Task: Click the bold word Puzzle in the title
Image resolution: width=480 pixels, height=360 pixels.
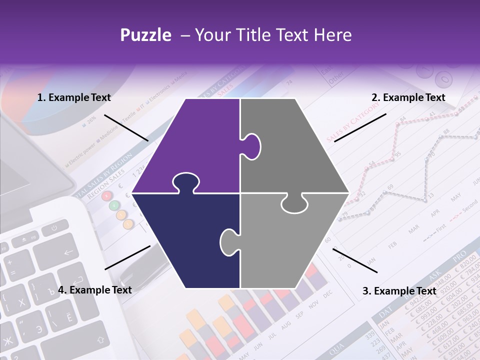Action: pyautogui.click(x=145, y=35)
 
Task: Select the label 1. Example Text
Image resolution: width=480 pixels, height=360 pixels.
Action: pyautogui.click(x=74, y=98)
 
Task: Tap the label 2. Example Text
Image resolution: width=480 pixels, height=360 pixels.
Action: pyautogui.click(x=408, y=98)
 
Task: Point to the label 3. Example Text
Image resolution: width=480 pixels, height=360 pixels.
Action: pyautogui.click(x=399, y=291)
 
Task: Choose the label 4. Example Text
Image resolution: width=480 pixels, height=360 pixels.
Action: pyautogui.click(x=95, y=290)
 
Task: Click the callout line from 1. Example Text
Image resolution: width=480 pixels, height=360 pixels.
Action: pyautogui.click(x=126, y=127)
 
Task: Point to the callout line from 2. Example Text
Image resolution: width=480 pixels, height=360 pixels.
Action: pyautogui.click(x=360, y=127)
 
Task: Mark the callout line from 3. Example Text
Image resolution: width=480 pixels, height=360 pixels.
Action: pyautogui.click(x=355, y=260)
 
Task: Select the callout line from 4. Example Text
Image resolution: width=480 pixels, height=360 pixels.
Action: pyautogui.click(x=127, y=257)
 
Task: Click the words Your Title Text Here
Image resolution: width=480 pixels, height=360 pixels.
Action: pyautogui.click(x=273, y=35)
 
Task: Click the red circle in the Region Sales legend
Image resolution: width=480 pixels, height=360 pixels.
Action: pyautogui.click(x=106, y=196)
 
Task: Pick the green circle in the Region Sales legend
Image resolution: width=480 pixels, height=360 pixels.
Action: pyautogui.click(x=114, y=205)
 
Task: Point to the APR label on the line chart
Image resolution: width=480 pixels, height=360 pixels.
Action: pyautogui.click(x=435, y=212)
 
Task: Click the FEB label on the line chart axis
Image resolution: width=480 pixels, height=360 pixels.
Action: pyautogui.click(x=392, y=245)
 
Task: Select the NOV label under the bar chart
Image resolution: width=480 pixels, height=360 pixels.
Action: pyautogui.click(x=313, y=305)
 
